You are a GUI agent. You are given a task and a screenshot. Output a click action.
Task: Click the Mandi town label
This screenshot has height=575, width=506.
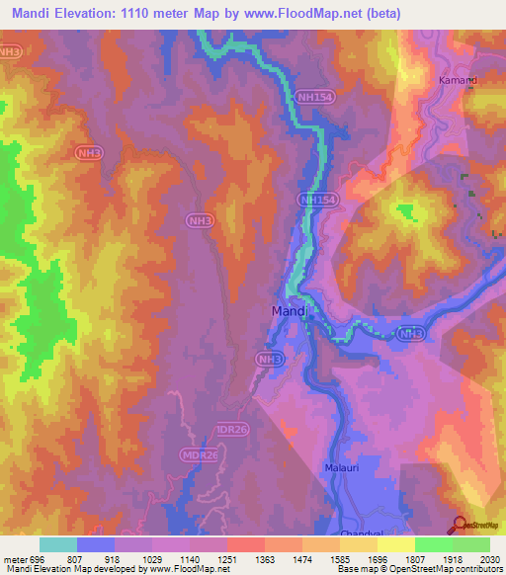tap(292, 312)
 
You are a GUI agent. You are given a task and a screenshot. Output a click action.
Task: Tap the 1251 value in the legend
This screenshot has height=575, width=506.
tap(227, 558)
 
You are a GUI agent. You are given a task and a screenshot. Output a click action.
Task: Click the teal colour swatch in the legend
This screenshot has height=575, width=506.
tap(58, 544)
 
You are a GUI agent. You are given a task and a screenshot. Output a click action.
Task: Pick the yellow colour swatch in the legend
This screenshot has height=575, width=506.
tap(395, 544)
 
